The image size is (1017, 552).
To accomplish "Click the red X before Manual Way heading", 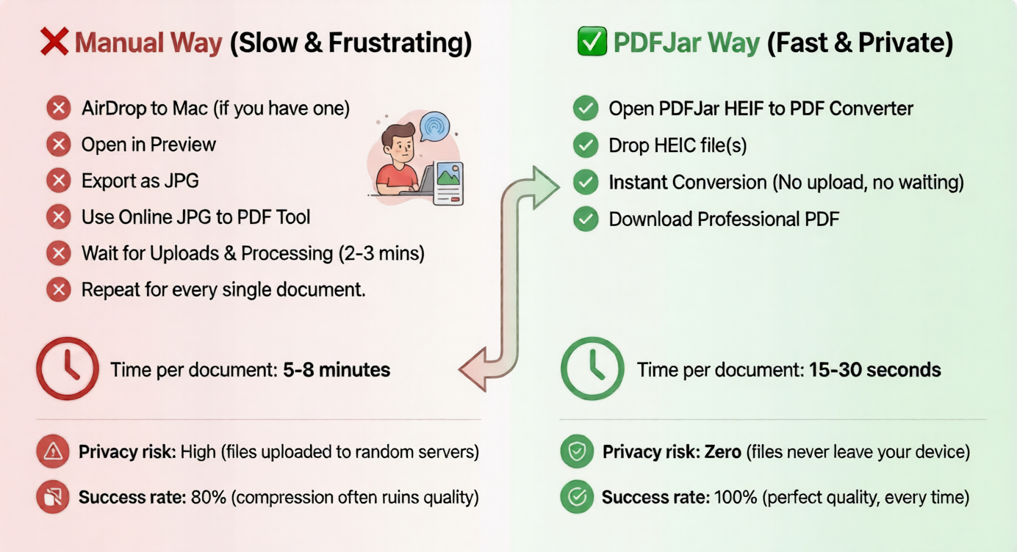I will click(55, 43).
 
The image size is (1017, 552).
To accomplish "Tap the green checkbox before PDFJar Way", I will click(592, 43).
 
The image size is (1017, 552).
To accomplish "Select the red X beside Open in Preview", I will click(58, 145).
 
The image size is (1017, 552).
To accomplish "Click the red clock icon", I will click(68, 368).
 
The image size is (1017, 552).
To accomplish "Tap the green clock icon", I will click(592, 368).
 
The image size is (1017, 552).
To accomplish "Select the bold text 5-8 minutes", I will click(337, 369).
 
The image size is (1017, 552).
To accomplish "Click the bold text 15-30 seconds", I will click(874, 369).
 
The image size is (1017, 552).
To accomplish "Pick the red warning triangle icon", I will click(53, 452).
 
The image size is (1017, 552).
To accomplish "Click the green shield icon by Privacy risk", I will click(577, 452).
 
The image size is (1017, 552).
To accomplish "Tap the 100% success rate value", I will click(736, 498).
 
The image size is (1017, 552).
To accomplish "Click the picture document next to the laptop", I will click(448, 183).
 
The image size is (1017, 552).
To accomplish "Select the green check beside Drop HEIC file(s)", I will click(585, 145).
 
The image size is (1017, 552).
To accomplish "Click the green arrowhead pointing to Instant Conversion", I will click(545, 188).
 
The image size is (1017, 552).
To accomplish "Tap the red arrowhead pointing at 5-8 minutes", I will click(473, 368).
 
